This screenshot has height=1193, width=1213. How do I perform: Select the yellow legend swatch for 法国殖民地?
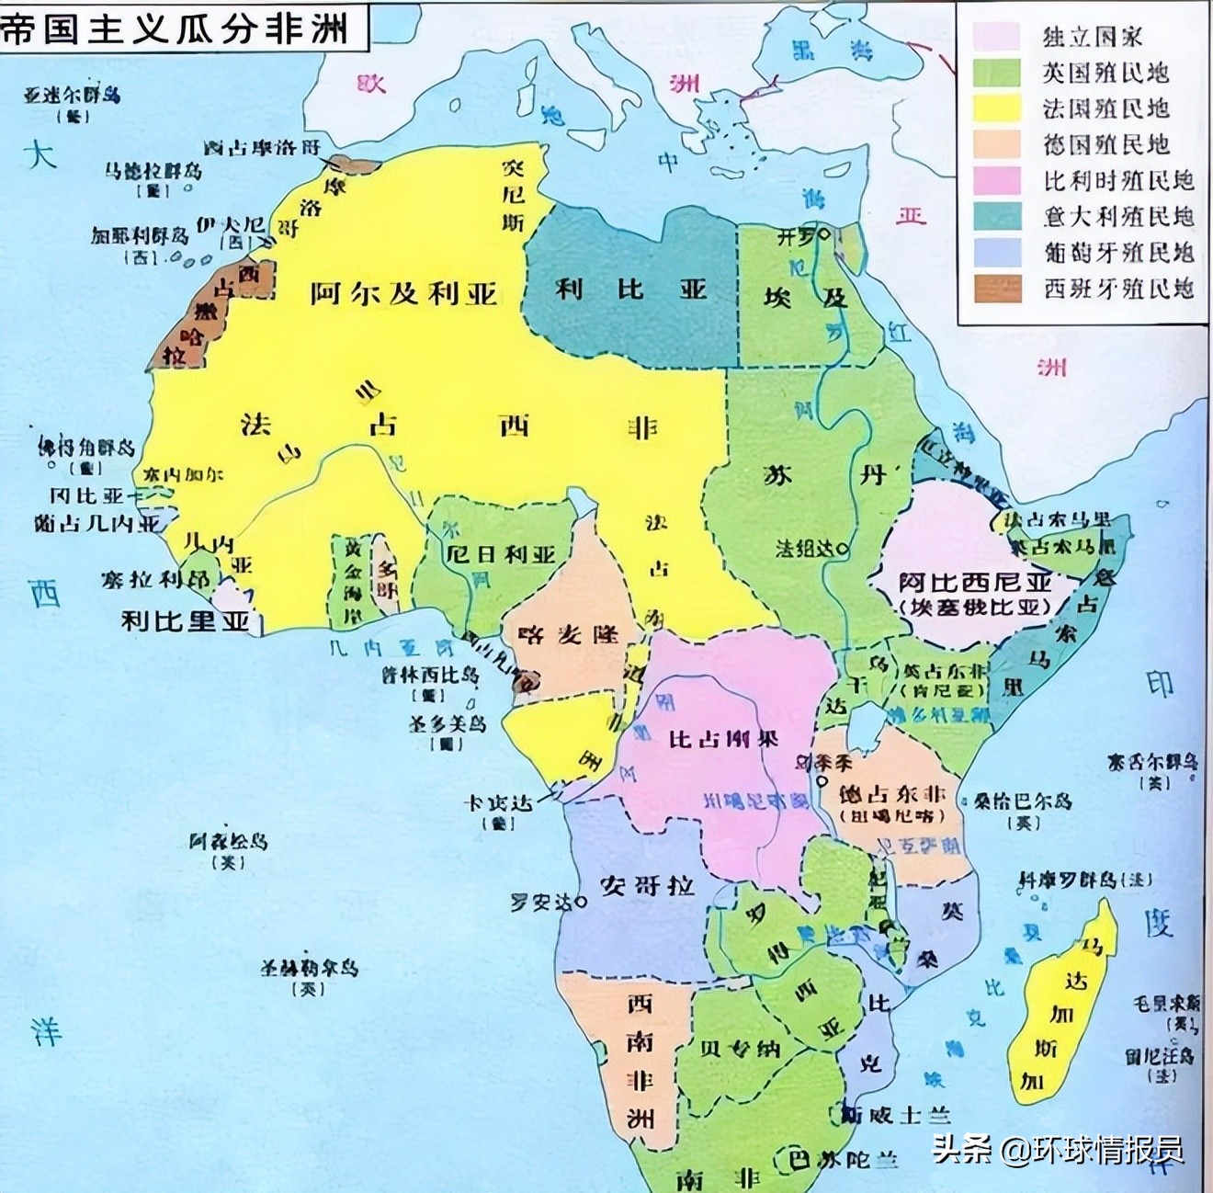click(x=997, y=108)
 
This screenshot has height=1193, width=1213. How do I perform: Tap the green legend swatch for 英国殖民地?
click(x=997, y=72)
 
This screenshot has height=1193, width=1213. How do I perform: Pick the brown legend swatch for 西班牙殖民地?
click(x=997, y=289)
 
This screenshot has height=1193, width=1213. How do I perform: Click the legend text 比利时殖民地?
click(x=1118, y=180)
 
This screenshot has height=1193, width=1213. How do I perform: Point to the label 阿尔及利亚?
click(x=403, y=293)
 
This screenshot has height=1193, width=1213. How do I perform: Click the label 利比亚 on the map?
click(x=630, y=290)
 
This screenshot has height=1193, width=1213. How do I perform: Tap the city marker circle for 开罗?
click(x=824, y=235)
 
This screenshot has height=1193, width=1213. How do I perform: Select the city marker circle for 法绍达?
click(x=843, y=549)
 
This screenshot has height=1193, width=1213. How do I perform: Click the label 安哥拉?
click(x=647, y=885)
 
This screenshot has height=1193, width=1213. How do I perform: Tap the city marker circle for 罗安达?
click(x=581, y=903)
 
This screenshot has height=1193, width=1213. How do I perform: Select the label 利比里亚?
click(x=186, y=620)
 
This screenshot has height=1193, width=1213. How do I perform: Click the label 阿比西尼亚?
click(x=975, y=582)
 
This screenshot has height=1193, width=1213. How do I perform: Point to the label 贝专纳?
click(x=740, y=1049)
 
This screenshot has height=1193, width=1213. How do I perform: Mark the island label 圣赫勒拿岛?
click(x=309, y=967)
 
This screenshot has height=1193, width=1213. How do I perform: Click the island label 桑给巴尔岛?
click(x=1023, y=801)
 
